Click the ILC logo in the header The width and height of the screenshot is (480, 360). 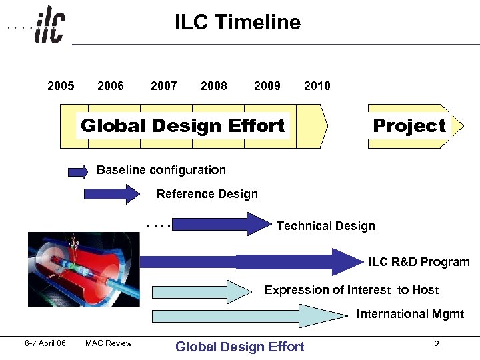tap(50, 24)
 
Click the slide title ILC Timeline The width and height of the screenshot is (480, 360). tap(237, 22)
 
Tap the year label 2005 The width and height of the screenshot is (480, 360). tap(61, 85)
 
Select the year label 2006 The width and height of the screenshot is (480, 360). tap(110, 85)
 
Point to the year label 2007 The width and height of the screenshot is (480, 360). tap(164, 85)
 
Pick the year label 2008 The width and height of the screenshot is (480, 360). tap(213, 85)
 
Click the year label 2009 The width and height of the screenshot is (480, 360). tap(267, 85)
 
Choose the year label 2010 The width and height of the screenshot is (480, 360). tap(317, 85)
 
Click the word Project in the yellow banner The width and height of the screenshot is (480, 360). tap(409, 125)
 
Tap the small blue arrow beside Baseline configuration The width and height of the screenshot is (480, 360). tap(78, 171)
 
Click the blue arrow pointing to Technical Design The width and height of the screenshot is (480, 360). tap(223, 224)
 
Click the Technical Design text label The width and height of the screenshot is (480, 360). tap(325, 226)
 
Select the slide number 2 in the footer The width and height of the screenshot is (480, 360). tap(436, 344)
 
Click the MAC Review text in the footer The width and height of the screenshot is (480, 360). tap(108, 343)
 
